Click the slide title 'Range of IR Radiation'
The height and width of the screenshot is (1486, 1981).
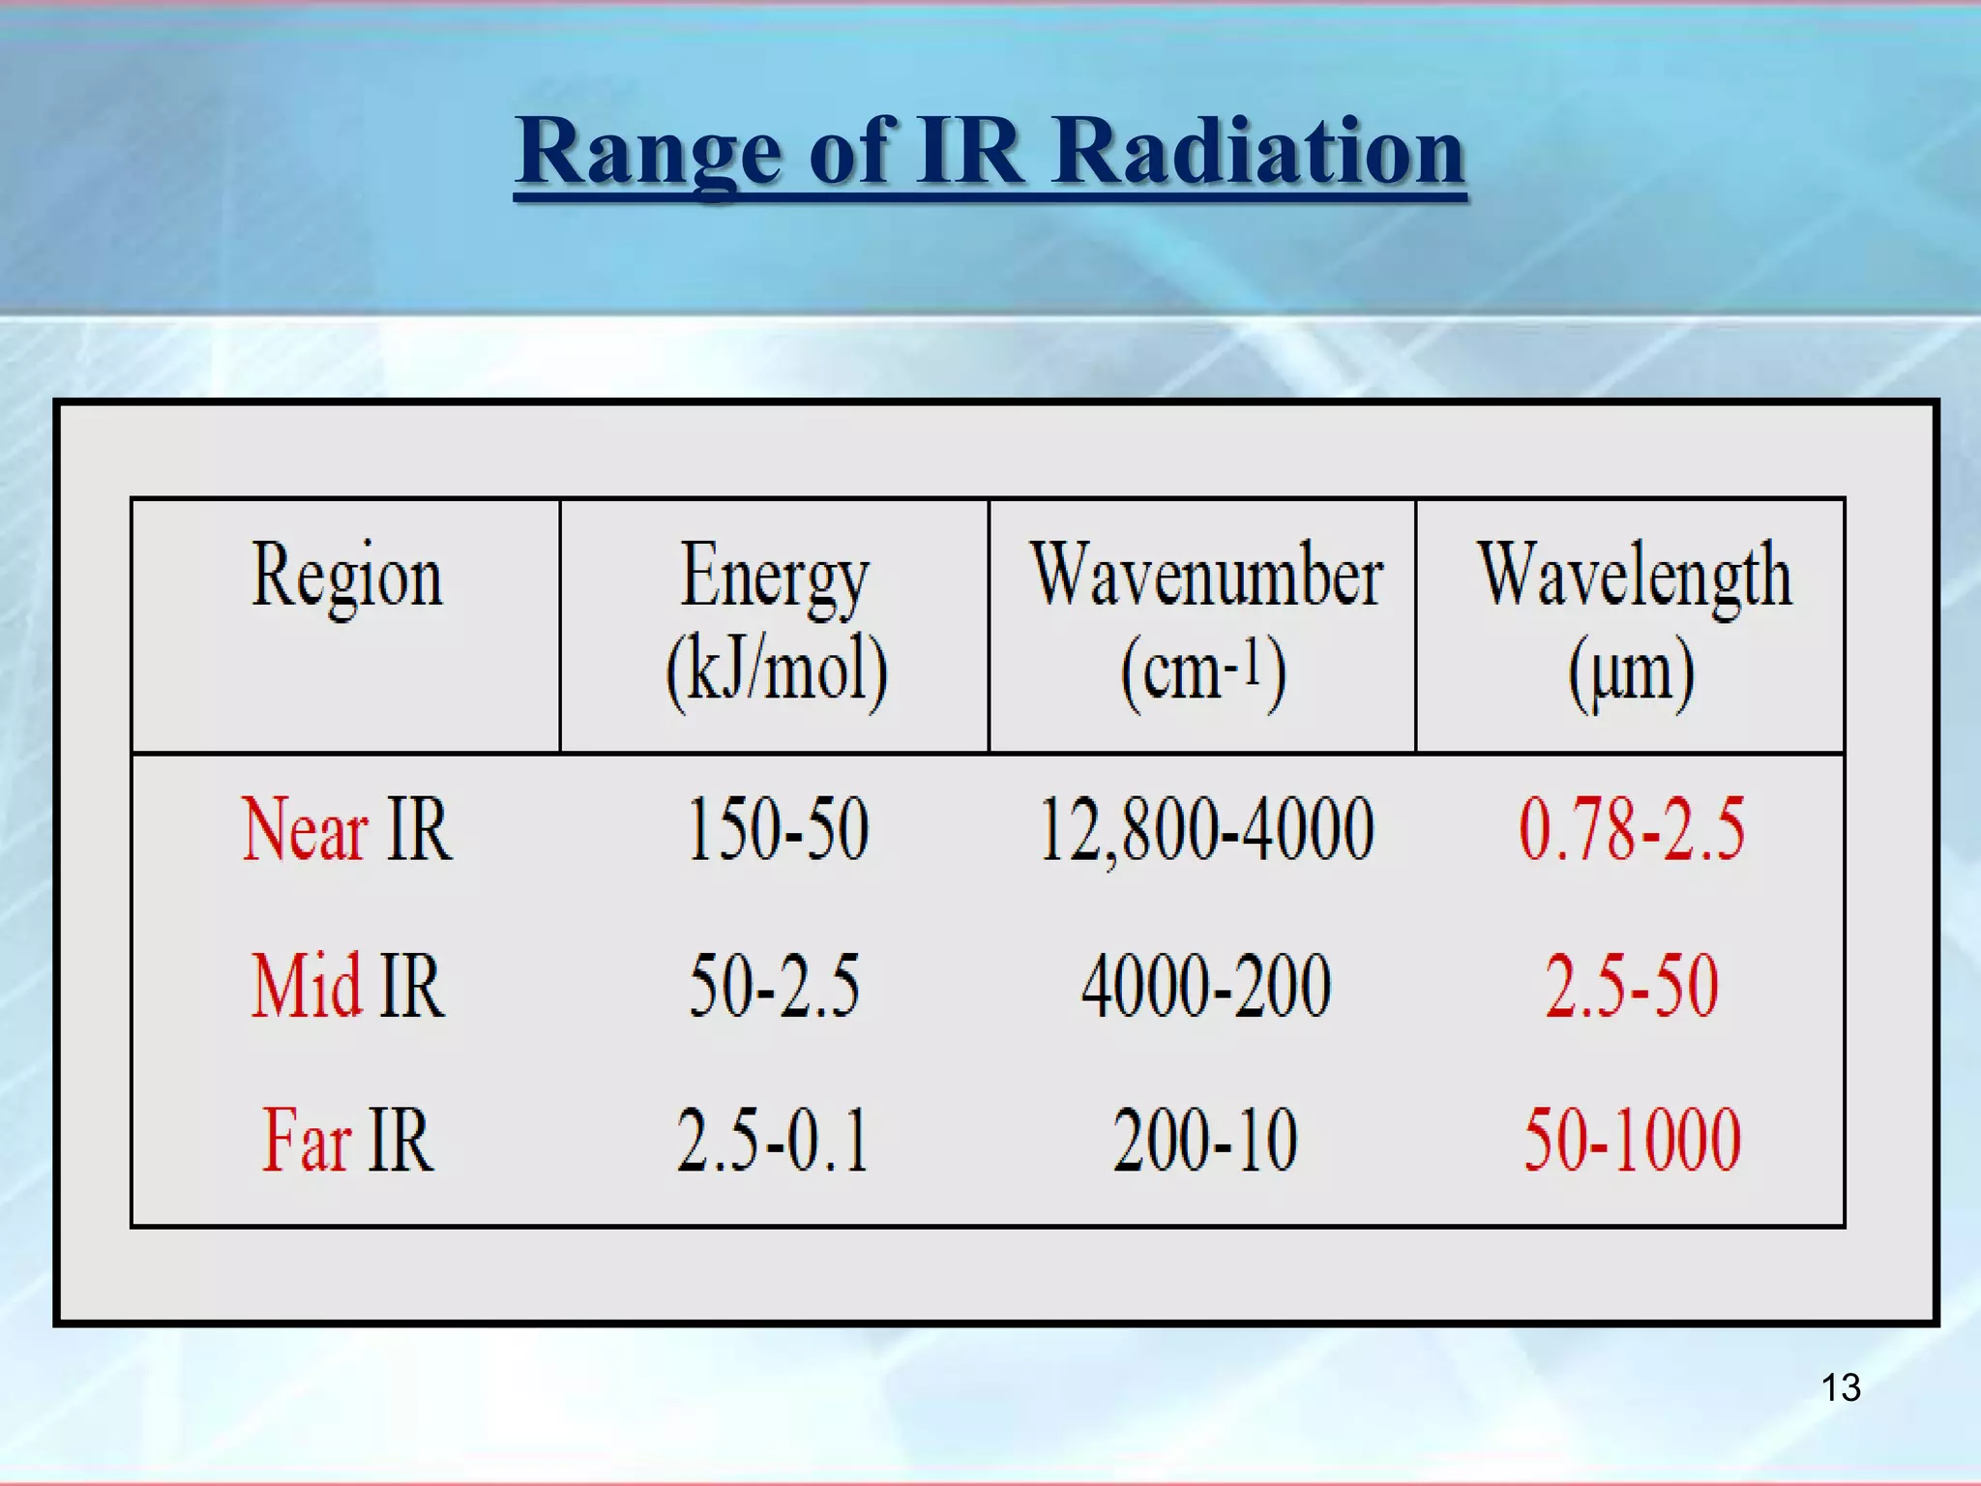(990, 152)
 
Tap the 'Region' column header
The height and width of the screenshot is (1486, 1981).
(346, 577)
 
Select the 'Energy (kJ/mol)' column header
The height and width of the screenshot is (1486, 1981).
(776, 624)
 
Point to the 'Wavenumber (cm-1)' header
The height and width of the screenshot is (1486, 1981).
(1204, 624)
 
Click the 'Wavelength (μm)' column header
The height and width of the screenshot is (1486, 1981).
(1633, 624)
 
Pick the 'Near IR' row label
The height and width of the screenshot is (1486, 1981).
(346, 829)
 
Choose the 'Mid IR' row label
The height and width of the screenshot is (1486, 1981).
(346, 985)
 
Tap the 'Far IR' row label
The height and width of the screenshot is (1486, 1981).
(346, 1140)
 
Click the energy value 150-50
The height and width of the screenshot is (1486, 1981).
(777, 829)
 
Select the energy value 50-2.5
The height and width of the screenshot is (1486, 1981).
(774, 985)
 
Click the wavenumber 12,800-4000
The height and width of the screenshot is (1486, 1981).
(1205, 829)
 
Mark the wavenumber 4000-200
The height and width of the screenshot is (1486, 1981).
(1205, 985)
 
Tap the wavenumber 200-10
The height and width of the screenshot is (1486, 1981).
(1204, 1140)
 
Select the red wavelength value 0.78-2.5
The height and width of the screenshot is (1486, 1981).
(1632, 829)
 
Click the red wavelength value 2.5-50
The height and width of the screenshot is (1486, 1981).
(1632, 985)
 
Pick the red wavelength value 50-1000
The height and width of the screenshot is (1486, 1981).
(1632, 1140)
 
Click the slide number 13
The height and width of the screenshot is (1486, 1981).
(1840, 1387)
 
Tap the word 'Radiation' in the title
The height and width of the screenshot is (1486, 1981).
(1258, 152)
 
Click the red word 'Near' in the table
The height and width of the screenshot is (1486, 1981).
(305, 829)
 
